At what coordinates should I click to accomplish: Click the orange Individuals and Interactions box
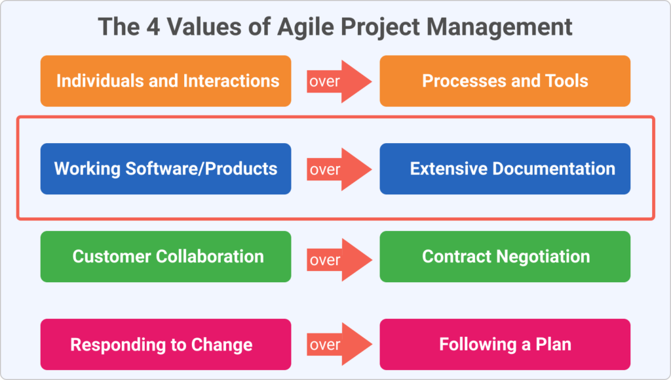166,81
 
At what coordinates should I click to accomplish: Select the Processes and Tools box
505,81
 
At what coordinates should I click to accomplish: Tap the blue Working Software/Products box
166,169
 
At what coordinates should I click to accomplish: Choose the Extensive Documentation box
505,169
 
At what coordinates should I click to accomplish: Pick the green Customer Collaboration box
166,257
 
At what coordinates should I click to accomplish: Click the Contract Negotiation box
505,257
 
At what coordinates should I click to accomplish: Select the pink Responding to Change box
166,345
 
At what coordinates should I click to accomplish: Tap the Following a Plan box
505,345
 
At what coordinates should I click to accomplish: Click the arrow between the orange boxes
339,81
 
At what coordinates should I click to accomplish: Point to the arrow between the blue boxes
339,169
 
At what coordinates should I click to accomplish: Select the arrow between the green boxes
339,260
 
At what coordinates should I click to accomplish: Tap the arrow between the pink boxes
339,344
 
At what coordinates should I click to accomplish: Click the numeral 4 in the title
153,26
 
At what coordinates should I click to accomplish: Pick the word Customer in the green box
111,257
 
